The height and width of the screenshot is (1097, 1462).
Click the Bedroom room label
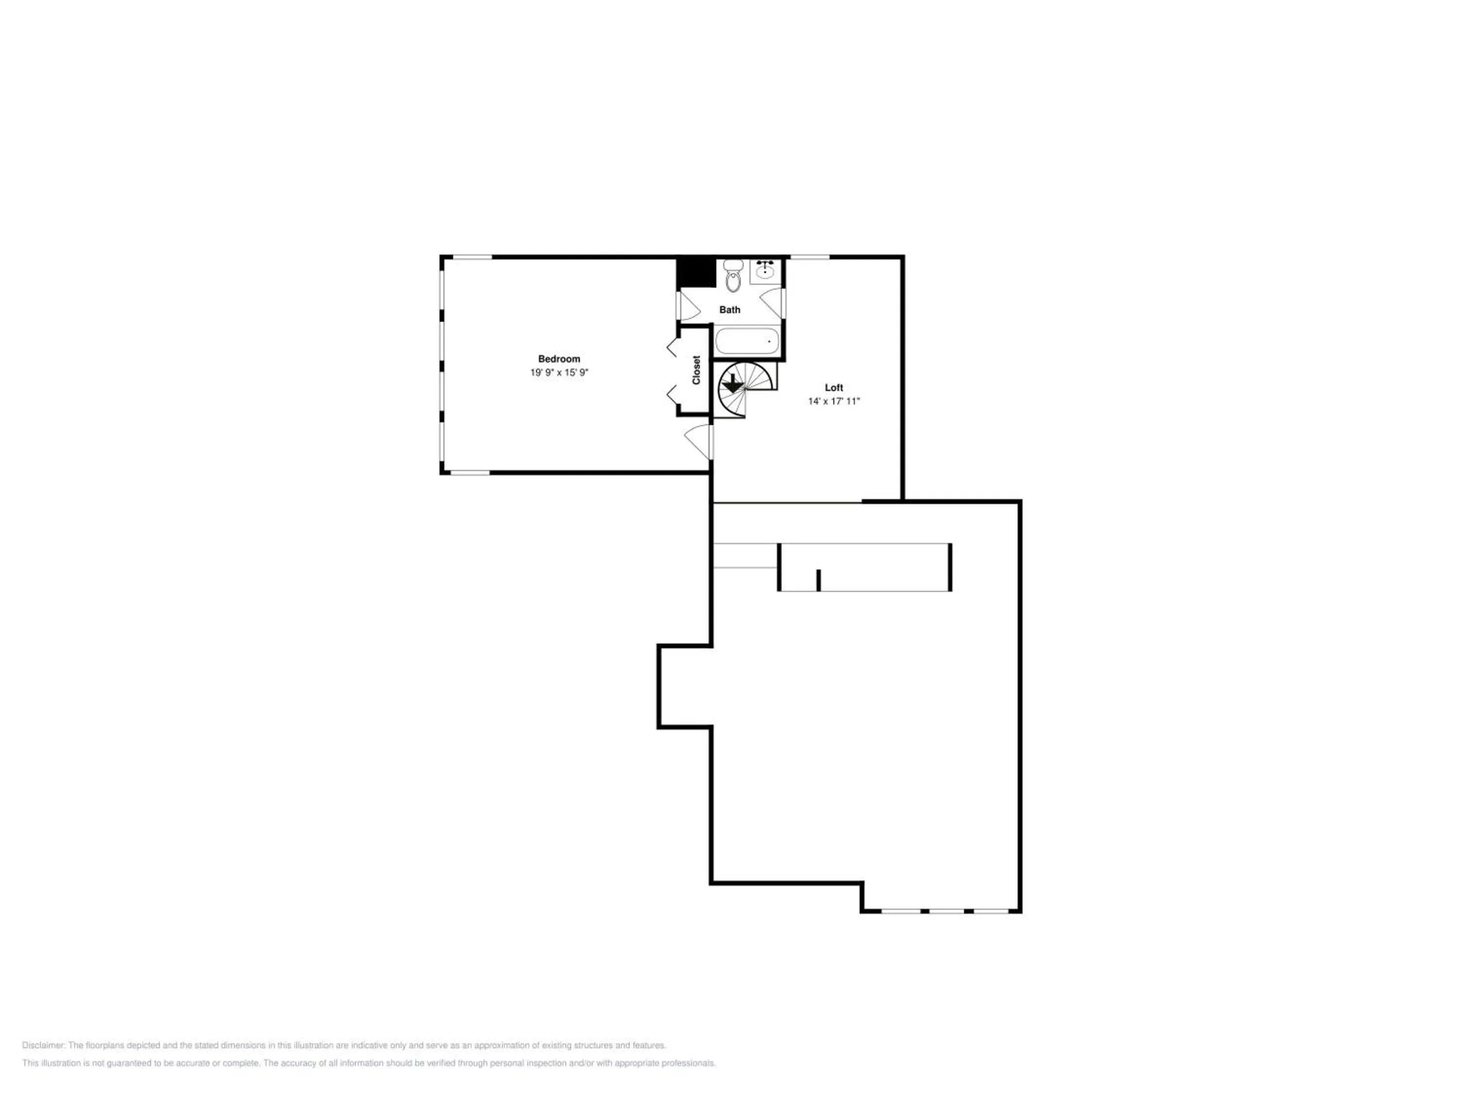pyautogui.click(x=558, y=359)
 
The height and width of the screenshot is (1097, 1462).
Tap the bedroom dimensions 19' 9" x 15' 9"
pyautogui.click(x=558, y=373)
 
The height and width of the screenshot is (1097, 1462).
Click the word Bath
pyautogui.click(x=730, y=310)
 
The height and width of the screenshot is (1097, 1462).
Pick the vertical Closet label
pyautogui.click(x=696, y=370)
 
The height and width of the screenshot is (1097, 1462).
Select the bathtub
pyautogui.click(x=747, y=342)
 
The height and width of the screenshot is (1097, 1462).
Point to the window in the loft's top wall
pyautogui.click(x=809, y=257)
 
